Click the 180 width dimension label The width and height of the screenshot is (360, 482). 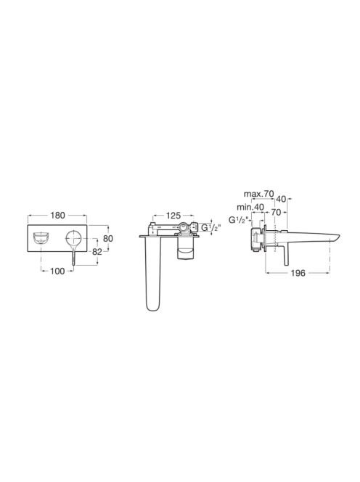(58, 216)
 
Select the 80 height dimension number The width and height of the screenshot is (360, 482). (108, 239)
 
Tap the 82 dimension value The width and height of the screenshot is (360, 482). (97, 252)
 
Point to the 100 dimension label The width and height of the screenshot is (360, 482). (58, 271)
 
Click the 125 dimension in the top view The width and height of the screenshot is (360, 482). (173, 216)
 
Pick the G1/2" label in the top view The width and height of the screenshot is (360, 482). (211, 228)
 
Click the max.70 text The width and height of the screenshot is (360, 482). (258, 194)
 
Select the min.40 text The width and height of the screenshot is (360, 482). (250, 207)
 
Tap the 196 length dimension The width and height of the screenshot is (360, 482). (298, 273)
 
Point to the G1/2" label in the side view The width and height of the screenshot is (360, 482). (240, 221)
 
